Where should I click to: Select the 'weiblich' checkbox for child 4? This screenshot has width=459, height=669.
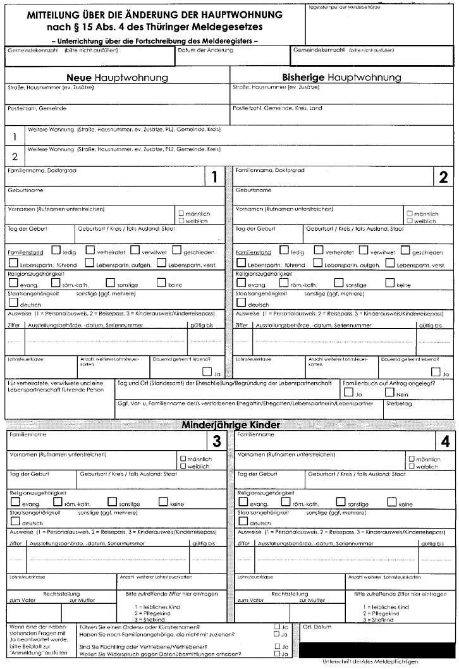pyautogui.click(x=412, y=466)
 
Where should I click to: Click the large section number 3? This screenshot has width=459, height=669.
pyautogui.click(x=216, y=441)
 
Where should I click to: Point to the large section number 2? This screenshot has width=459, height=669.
pyautogui.click(x=443, y=178)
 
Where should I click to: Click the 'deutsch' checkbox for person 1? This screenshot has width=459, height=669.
pyautogui.click(x=13, y=303)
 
